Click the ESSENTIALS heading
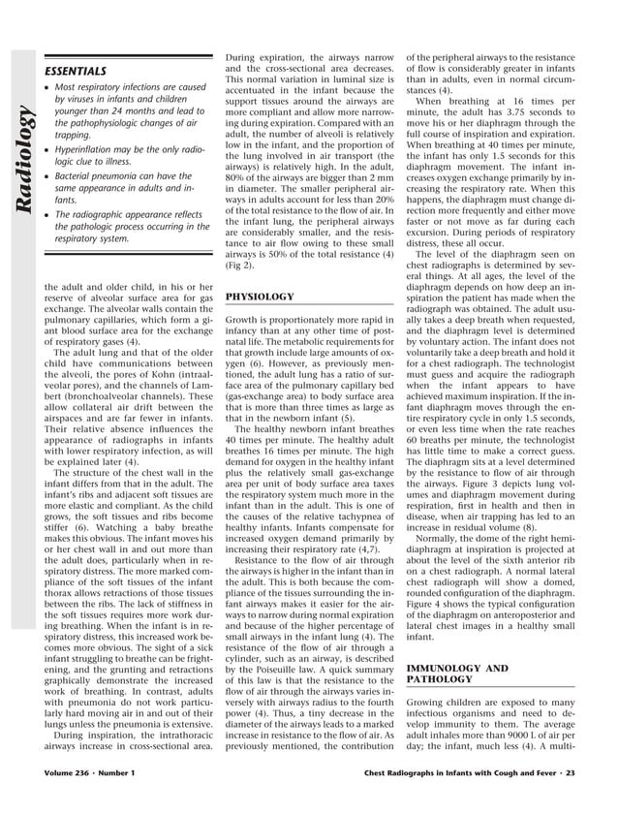[76, 71]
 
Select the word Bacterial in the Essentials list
[74, 176]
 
